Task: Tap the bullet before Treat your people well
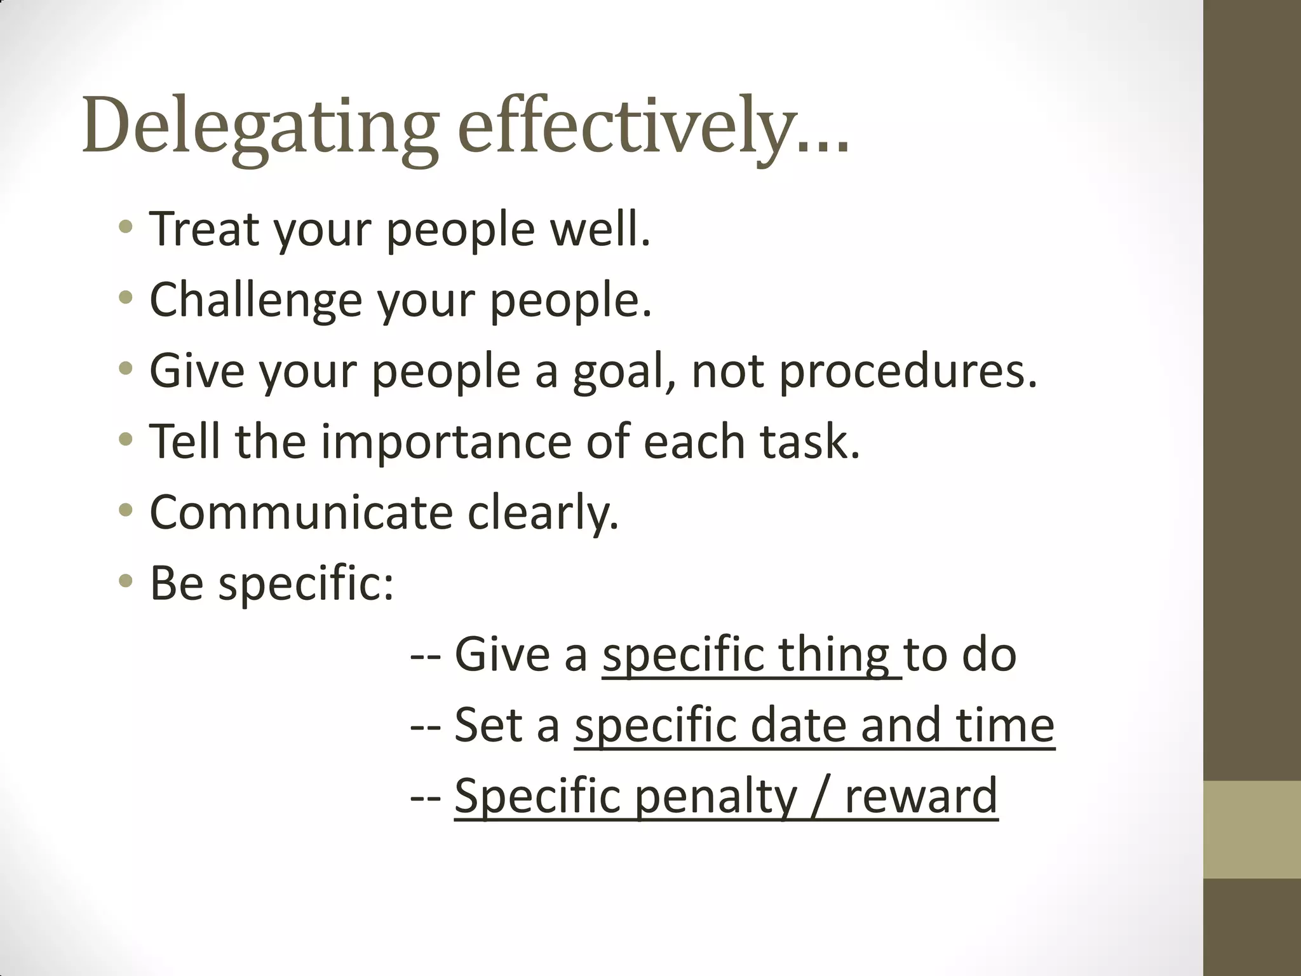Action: pyautogui.click(x=126, y=226)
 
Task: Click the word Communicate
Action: pyautogui.click(x=300, y=512)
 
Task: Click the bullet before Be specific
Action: pyautogui.click(x=126, y=581)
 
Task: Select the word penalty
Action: pyautogui.click(x=715, y=797)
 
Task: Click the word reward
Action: pyautogui.click(x=921, y=797)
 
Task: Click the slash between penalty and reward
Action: pyautogui.click(x=820, y=797)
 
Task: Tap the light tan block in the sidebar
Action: pyautogui.click(x=1251, y=829)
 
